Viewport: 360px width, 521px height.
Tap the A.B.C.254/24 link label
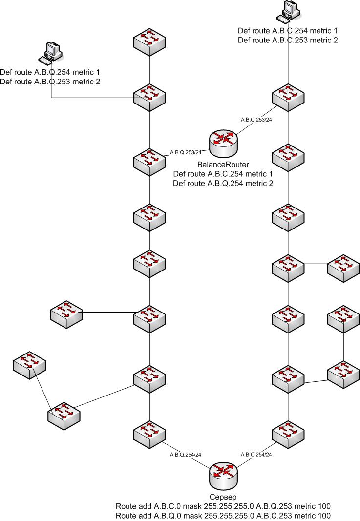(x=256, y=454)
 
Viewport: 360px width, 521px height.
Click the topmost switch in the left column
(x=149, y=42)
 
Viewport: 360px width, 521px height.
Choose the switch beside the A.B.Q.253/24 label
(x=149, y=160)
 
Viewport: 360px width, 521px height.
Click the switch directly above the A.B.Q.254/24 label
(x=149, y=432)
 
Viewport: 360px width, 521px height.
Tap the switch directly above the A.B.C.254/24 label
(x=288, y=432)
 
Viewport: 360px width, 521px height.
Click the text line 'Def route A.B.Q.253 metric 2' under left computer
(x=50, y=82)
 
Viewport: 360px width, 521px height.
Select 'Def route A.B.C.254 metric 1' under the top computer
(x=288, y=30)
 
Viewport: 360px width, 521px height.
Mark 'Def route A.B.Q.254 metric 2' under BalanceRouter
(x=223, y=183)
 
